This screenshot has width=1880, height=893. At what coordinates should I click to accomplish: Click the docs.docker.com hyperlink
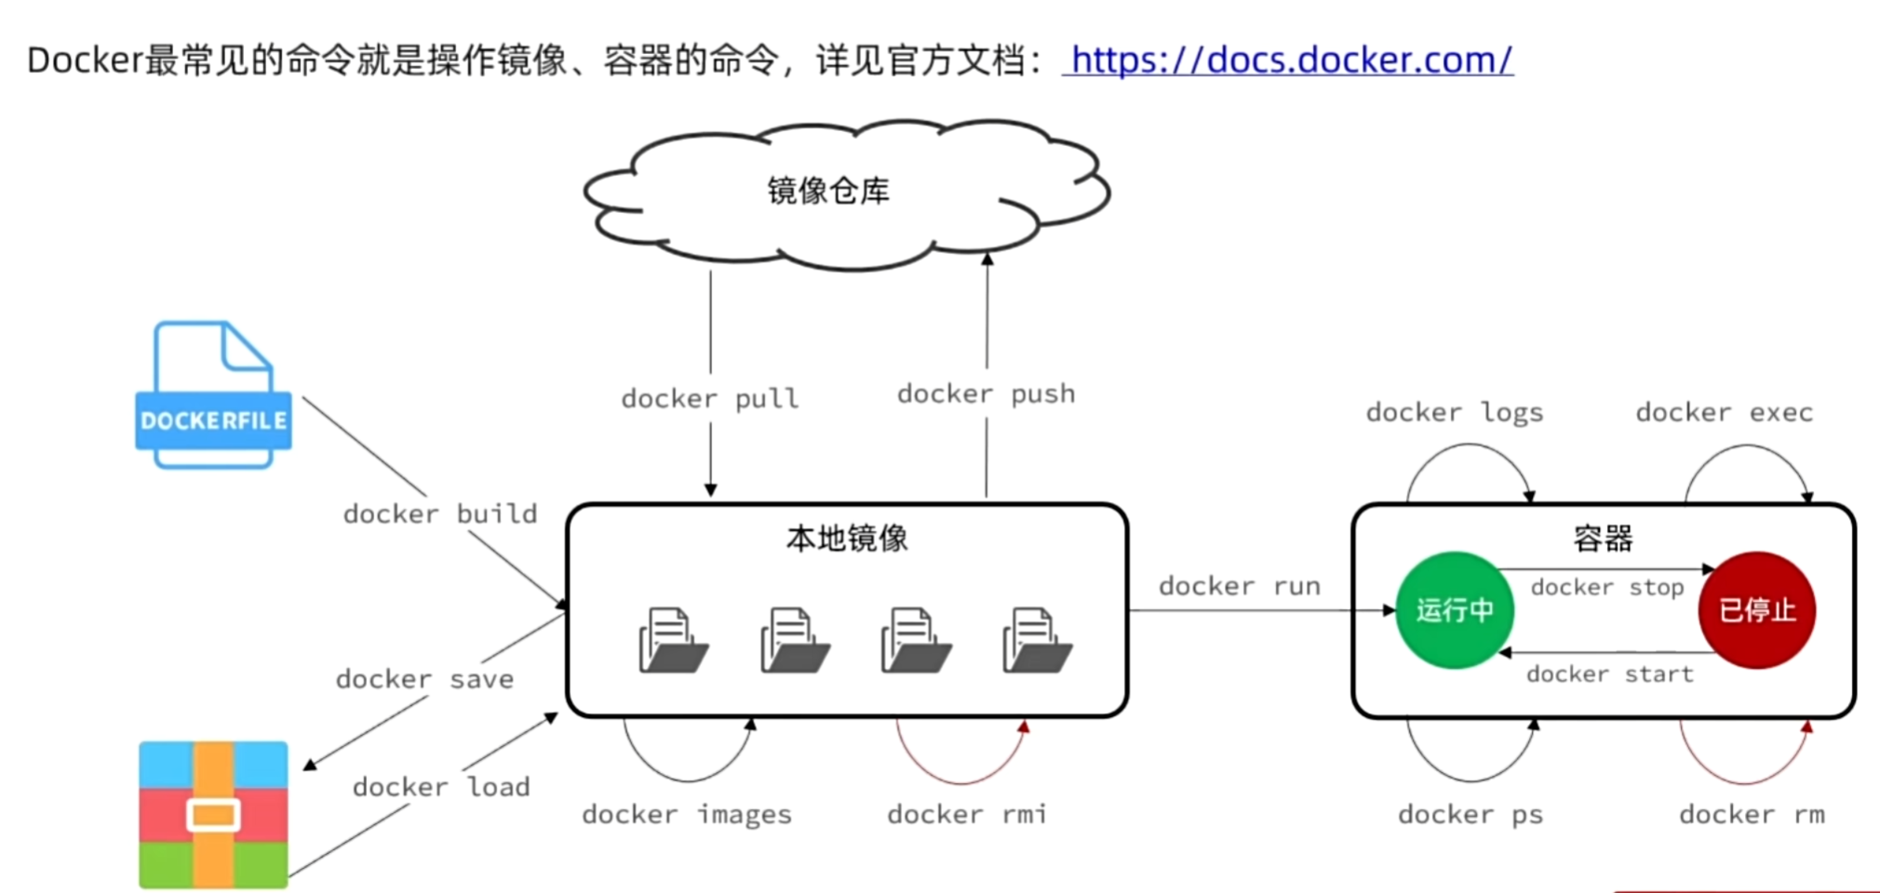click(1290, 60)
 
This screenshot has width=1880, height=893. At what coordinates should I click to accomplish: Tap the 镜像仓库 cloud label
click(827, 191)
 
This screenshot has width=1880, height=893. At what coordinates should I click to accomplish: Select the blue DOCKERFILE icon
click(213, 395)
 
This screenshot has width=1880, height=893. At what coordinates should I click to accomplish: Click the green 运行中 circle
click(1454, 610)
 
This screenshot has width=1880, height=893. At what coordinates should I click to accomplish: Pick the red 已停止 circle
click(1756, 610)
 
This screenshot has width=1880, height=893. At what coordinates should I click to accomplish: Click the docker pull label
click(709, 398)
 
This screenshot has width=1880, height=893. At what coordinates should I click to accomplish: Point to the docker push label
click(986, 393)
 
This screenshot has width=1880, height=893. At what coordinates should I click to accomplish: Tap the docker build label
click(440, 513)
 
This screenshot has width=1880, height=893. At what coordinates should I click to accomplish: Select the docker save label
click(424, 679)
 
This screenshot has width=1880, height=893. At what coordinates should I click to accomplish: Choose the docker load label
click(441, 787)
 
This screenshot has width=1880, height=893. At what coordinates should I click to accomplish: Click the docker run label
click(1239, 586)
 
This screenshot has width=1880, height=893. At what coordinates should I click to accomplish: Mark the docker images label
click(687, 815)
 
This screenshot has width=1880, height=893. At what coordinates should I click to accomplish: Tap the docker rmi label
click(966, 815)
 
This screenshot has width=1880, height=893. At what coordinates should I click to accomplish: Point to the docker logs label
click(1454, 412)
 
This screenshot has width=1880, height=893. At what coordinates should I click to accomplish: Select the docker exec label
click(1724, 412)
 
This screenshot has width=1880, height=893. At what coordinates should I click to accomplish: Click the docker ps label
click(1470, 815)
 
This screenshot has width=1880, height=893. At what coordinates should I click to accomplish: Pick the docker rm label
click(1751, 815)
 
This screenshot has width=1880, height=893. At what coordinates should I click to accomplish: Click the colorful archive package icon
click(213, 815)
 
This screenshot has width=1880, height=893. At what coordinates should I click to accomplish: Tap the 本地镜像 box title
click(846, 539)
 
